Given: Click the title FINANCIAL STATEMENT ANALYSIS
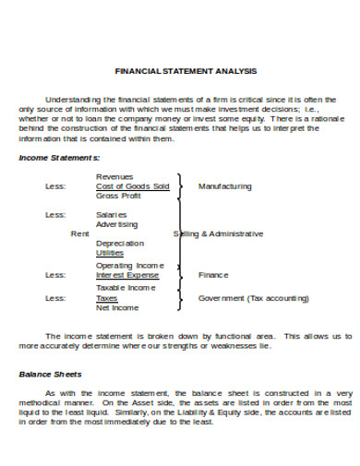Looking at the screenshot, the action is (x=185, y=71).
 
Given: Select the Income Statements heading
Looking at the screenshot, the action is (x=60, y=158).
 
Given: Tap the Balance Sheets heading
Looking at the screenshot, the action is (x=51, y=375).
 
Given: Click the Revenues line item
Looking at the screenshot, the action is (x=114, y=176).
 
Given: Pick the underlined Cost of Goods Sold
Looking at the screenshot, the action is (x=132, y=186).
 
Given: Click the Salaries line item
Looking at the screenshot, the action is (x=112, y=214).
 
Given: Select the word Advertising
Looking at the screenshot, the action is (x=117, y=224).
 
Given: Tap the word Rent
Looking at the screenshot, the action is (x=79, y=234).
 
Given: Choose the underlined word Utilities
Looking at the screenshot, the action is (x=110, y=254).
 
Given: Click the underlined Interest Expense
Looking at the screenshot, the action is (x=127, y=275).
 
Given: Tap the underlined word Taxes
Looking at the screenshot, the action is (x=107, y=298).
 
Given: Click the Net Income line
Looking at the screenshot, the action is (x=117, y=307).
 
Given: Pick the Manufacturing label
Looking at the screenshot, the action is (x=224, y=186).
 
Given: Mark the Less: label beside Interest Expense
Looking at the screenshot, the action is (x=55, y=275).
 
